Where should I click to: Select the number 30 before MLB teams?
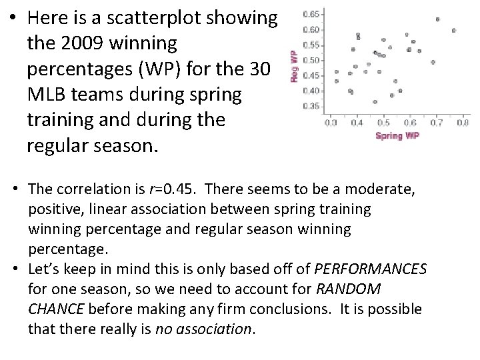257,69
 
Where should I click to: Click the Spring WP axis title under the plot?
398,135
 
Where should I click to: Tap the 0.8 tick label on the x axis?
463,123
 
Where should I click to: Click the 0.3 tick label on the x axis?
331,123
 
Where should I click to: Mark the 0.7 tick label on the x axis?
436,123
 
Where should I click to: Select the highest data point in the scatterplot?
437,19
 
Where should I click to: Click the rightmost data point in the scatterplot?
454,30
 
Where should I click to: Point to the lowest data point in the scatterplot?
375,102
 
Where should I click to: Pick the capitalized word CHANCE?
56,309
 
